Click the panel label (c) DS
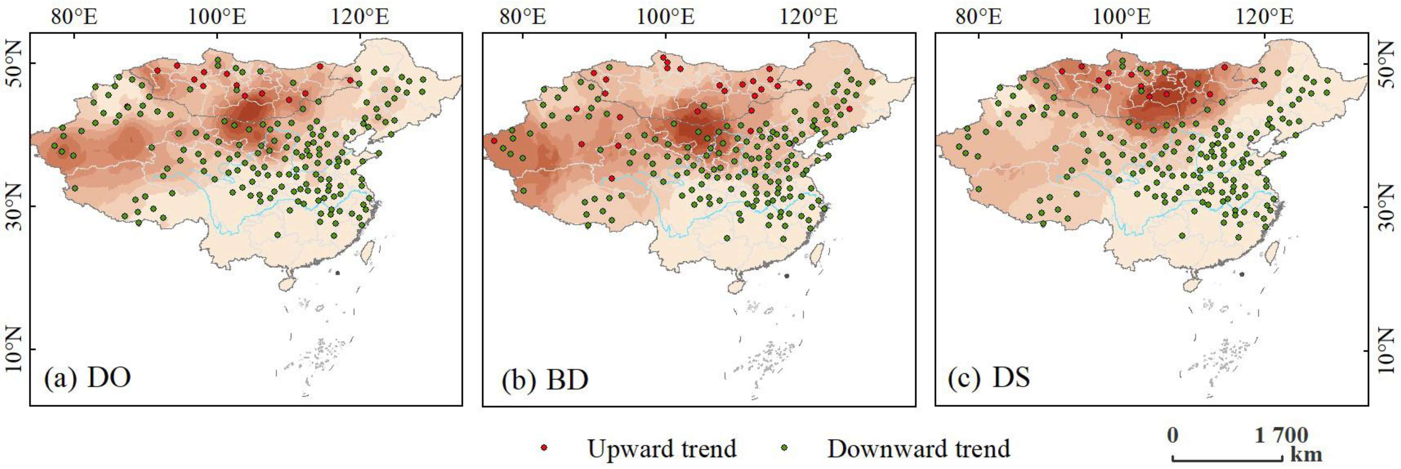pos(989,377)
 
